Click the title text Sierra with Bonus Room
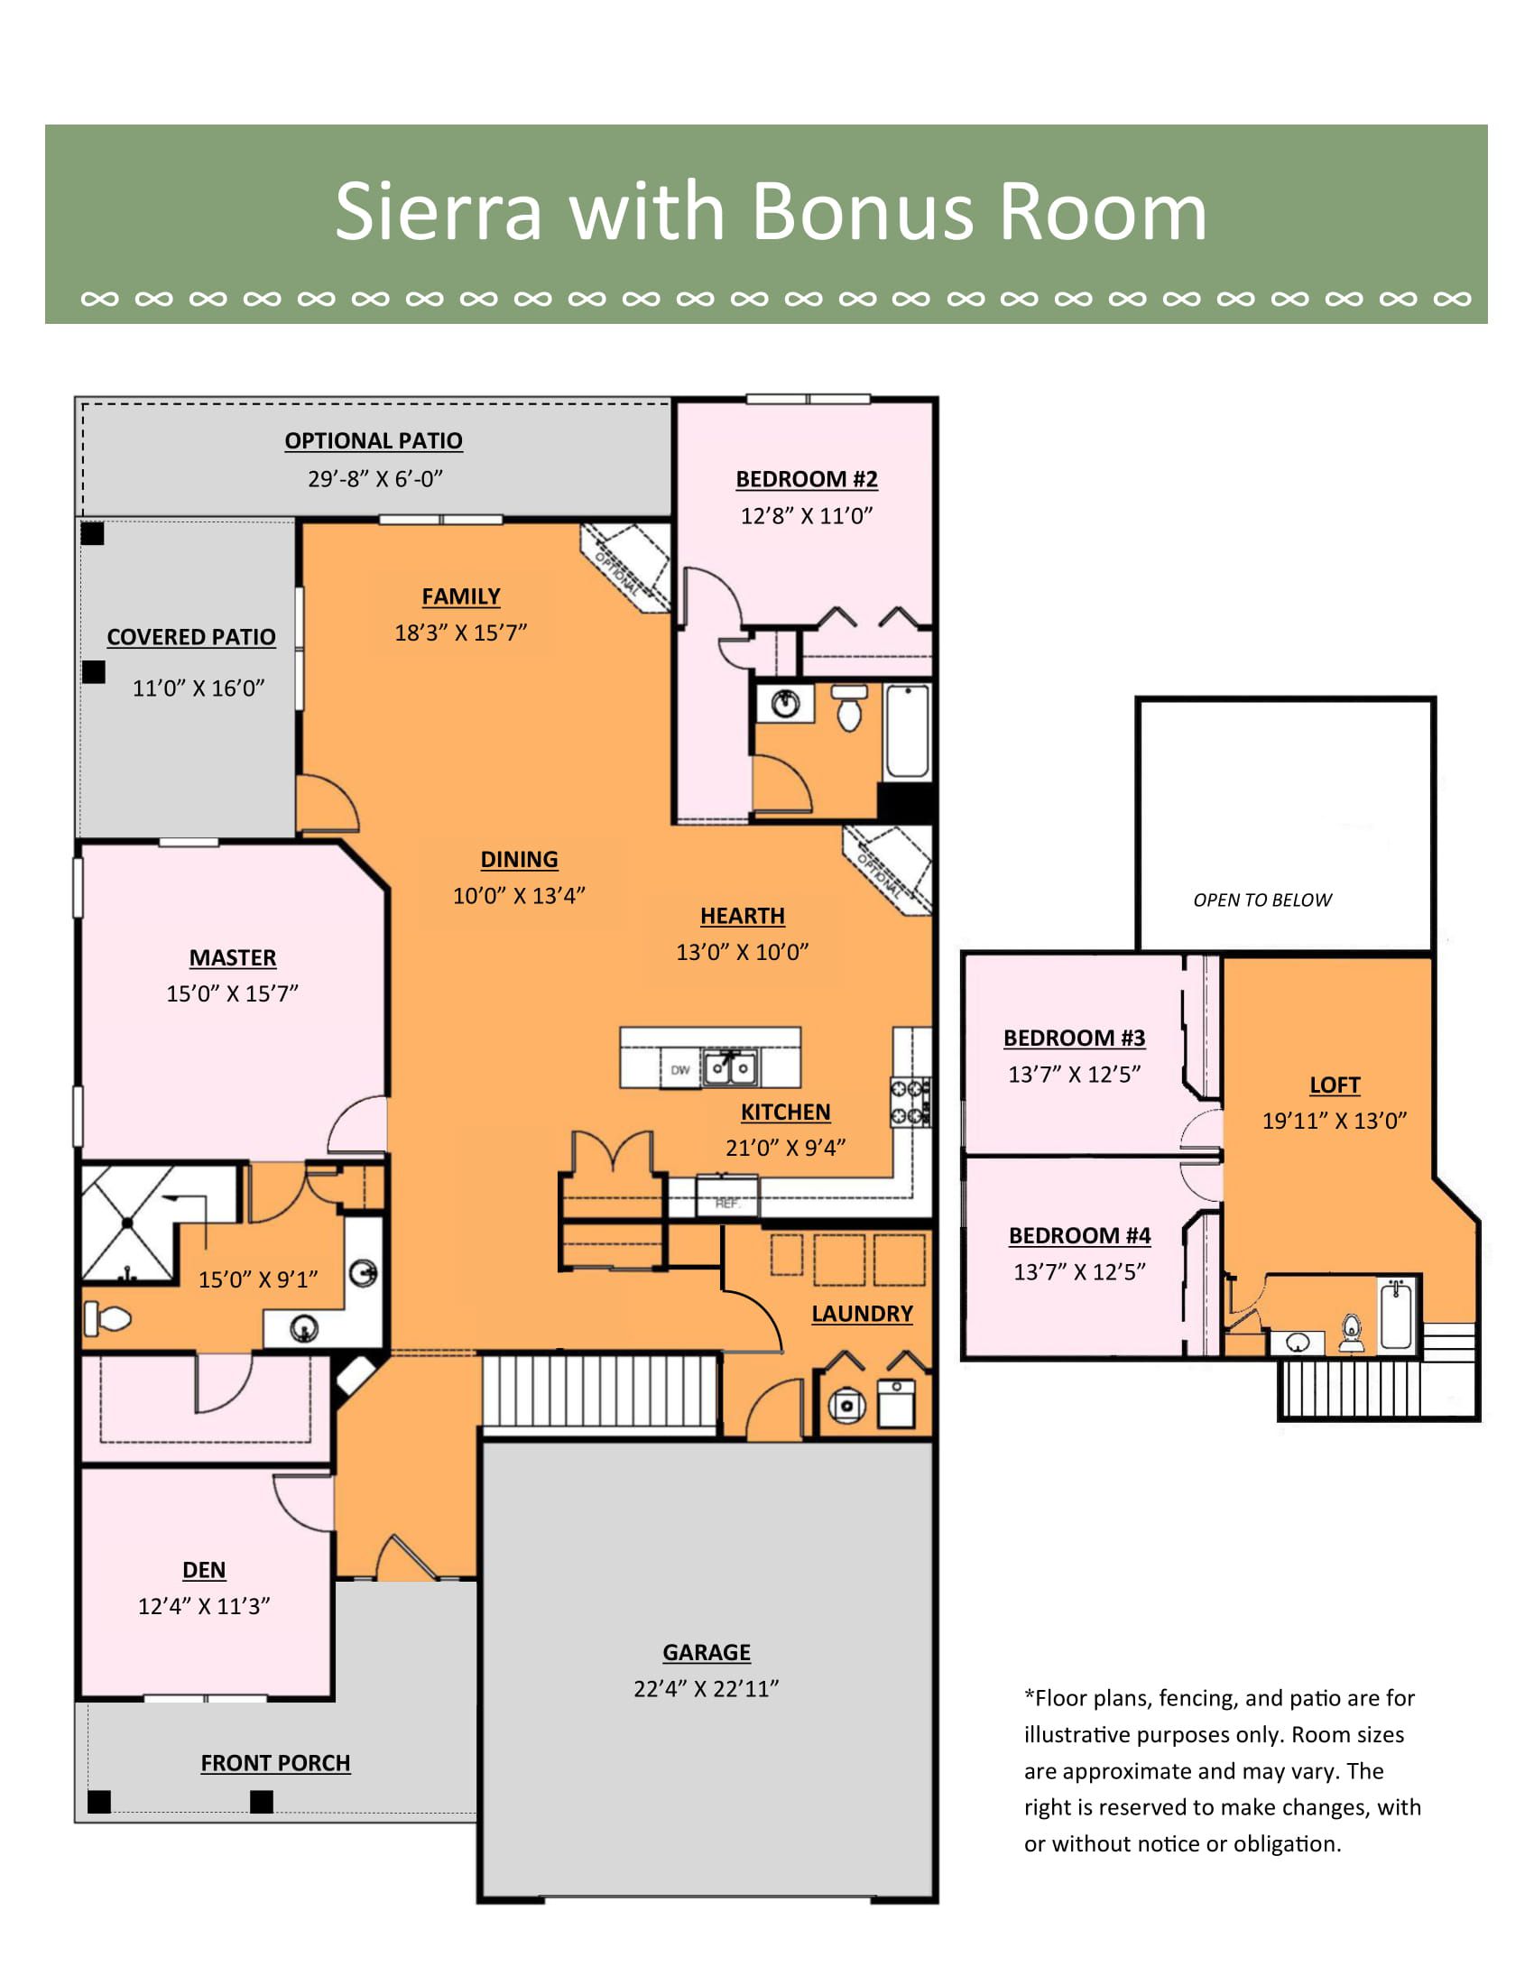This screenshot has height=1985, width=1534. [771, 211]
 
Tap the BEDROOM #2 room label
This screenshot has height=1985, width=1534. [807, 479]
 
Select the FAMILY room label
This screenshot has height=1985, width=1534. [461, 596]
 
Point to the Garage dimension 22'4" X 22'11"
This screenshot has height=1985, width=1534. [707, 1688]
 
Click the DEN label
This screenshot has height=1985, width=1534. [204, 1570]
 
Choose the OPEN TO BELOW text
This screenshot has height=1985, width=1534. [1262, 900]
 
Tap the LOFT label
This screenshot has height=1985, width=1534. [1334, 1085]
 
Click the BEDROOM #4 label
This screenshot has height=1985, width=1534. [1079, 1235]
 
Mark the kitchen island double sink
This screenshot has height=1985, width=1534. [731, 1067]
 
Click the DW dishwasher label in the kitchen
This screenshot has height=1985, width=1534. [679, 1070]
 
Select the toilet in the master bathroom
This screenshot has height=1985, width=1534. [107, 1317]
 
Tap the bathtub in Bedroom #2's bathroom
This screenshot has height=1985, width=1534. [908, 733]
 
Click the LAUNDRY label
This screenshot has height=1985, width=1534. [862, 1314]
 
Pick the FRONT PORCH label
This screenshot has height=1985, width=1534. [275, 1762]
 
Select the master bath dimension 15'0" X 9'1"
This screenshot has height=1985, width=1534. [258, 1279]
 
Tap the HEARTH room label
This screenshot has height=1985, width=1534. [743, 915]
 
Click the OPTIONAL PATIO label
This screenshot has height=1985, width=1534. [374, 440]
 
